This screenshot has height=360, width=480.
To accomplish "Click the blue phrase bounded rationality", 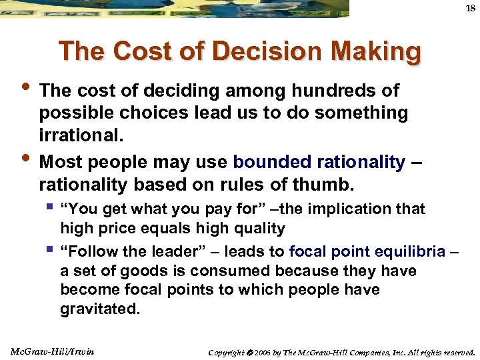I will [319, 162].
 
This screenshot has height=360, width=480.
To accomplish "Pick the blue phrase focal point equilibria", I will [367, 252].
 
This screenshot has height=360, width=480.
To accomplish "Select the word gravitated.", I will [101, 310].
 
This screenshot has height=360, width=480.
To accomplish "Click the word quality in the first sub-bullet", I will [257, 229].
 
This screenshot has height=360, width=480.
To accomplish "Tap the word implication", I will [342, 209].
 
